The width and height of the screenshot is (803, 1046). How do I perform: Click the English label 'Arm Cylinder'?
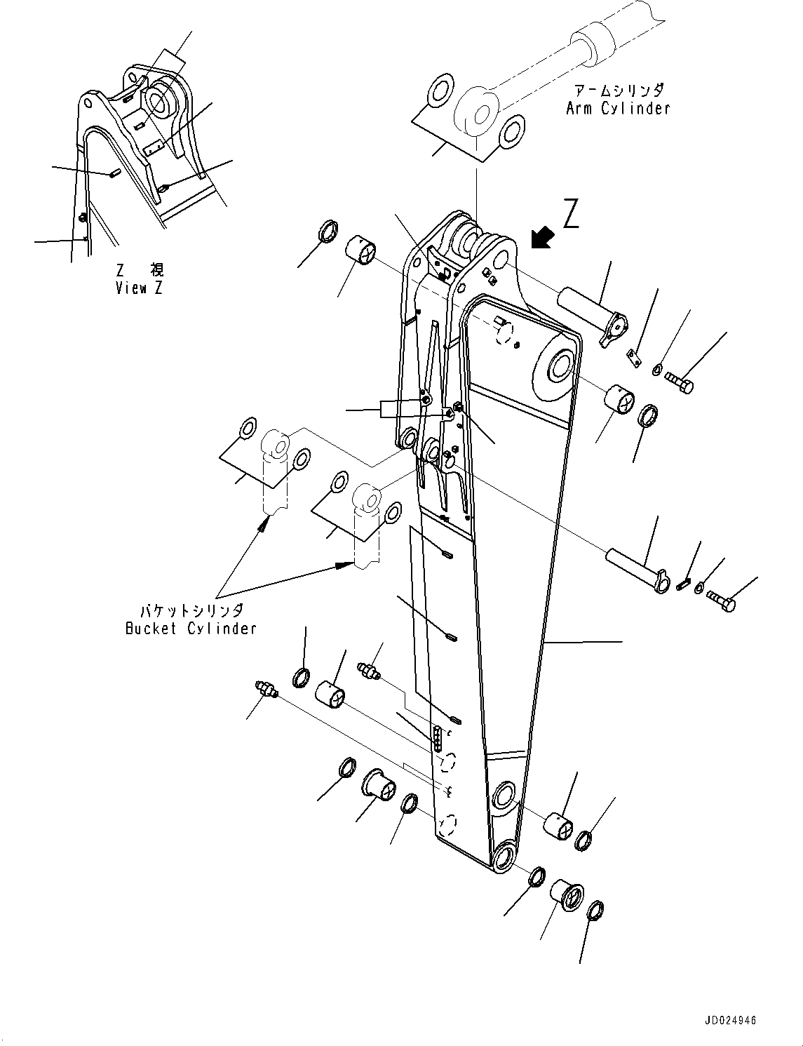tap(617, 108)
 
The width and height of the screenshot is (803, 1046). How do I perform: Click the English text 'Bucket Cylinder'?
tap(191, 629)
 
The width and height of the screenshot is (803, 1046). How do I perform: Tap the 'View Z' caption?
tap(140, 288)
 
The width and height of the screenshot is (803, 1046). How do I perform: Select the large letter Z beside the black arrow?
tap(572, 214)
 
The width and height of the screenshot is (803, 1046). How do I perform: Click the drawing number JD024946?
tap(727, 1021)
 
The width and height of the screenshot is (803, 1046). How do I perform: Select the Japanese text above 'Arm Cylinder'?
tap(617, 90)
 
